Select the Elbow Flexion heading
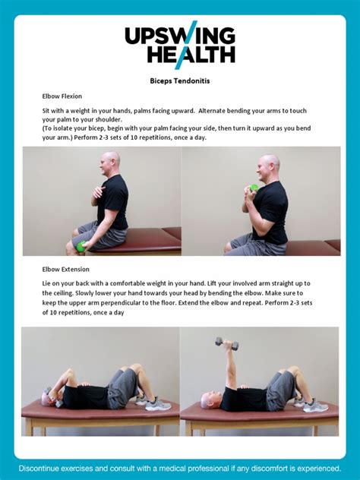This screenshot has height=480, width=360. pos(62,96)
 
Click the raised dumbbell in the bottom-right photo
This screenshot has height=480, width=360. pos(226,344)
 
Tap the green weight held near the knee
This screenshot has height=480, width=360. pos(81,245)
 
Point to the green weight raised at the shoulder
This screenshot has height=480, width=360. pos(254,188)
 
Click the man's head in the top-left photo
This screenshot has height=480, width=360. pos(111,162)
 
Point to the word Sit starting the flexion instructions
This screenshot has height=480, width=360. pos(46,110)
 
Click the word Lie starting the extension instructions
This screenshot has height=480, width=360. pos(47,283)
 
